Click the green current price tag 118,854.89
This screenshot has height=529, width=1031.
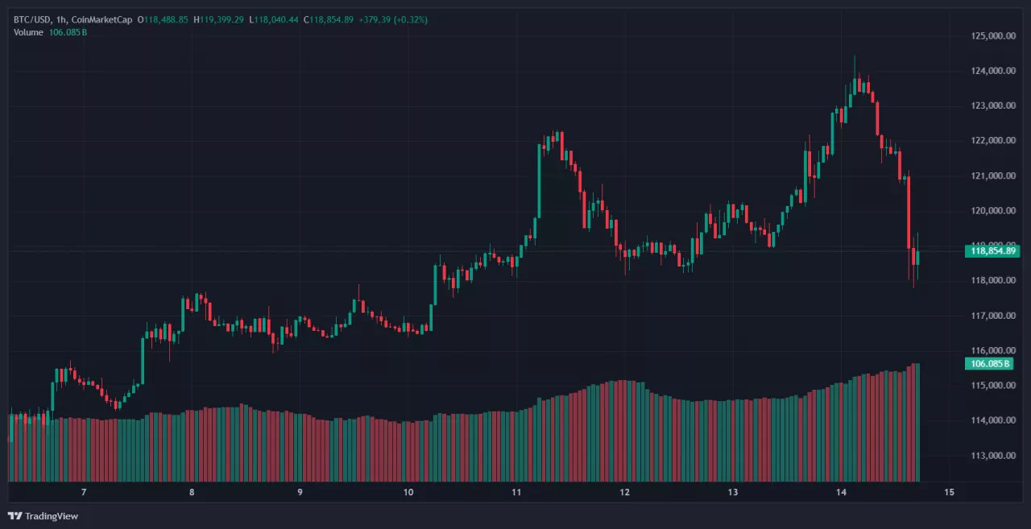(992, 251)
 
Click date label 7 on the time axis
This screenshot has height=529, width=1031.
(84, 492)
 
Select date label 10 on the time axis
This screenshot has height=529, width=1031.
(408, 492)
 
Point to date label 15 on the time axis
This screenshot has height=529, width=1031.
(949, 492)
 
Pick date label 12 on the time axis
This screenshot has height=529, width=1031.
(625, 492)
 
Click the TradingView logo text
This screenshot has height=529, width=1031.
(52, 516)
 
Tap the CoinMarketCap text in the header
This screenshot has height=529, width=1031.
(101, 19)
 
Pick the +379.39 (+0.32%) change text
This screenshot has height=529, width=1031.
(394, 19)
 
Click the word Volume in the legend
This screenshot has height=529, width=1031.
(29, 32)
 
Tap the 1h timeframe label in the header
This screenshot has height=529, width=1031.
(62, 19)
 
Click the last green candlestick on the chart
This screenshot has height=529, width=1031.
(917, 258)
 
